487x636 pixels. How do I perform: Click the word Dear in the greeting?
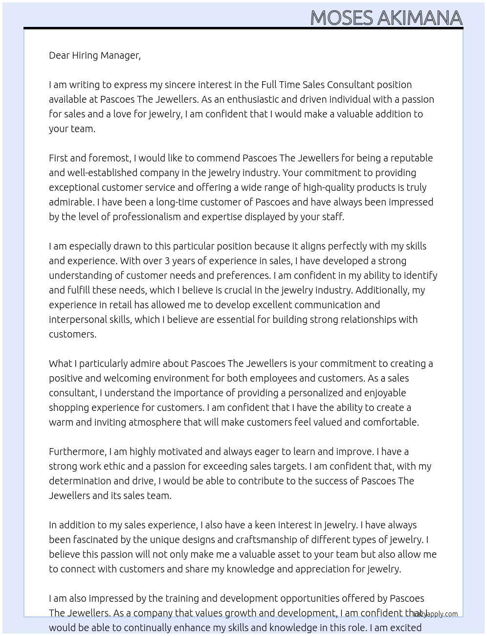59,55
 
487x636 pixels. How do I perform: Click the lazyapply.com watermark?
436,614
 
